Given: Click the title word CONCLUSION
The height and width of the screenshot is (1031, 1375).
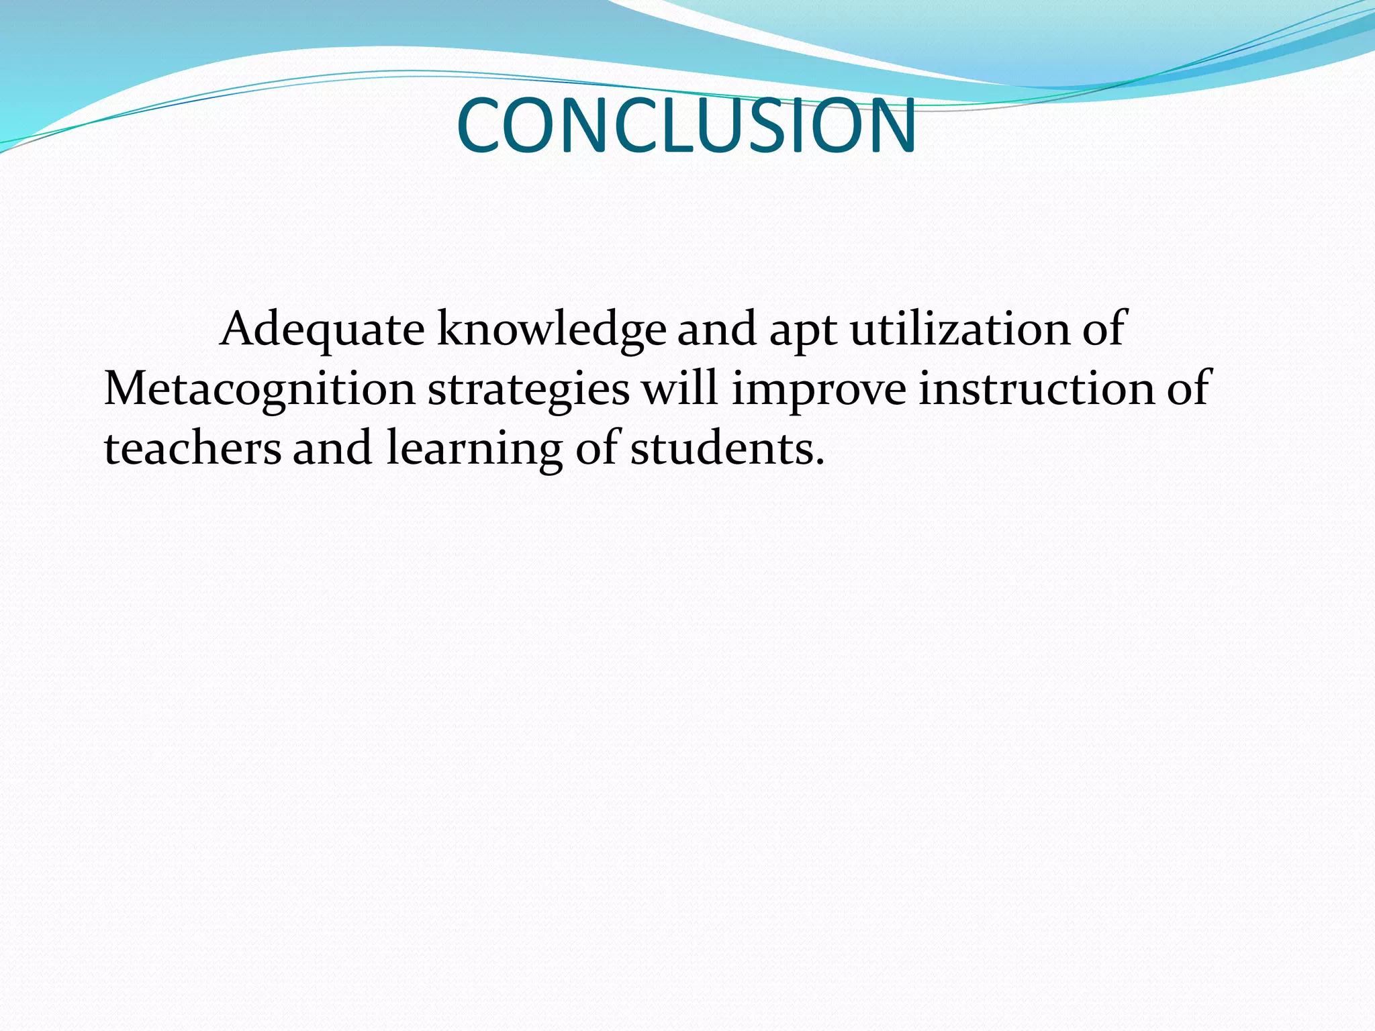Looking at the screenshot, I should click(686, 126).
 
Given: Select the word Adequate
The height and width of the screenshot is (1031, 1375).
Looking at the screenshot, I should click(322, 330).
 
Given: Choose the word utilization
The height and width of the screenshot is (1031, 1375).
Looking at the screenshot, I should click(960, 330).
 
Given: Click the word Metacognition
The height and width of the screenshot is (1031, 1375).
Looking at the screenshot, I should click(260, 390).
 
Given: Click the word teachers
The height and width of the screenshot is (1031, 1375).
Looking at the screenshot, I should click(193, 448).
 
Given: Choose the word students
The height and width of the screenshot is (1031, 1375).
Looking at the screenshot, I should click(722, 448).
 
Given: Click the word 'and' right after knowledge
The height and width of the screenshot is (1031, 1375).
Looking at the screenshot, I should click(717, 330).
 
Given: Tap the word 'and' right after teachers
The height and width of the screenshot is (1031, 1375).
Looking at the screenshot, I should click(332, 448).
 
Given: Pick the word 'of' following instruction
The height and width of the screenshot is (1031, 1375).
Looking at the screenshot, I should click(1188, 389).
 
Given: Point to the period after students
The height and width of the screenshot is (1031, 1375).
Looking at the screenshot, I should click(818, 462).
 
